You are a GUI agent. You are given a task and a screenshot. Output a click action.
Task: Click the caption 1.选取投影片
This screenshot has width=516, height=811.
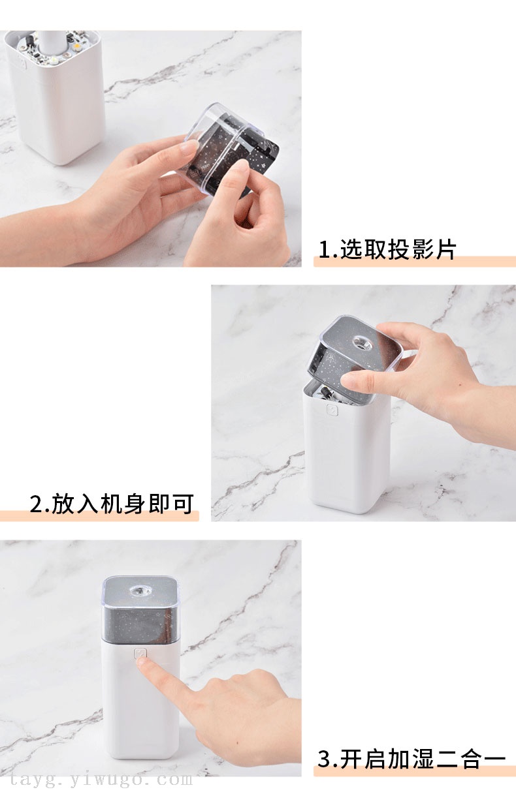[x=387, y=249]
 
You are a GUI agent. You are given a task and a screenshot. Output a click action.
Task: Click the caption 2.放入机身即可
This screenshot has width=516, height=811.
[x=112, y=504]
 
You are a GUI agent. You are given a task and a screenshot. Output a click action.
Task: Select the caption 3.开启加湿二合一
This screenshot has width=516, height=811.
[x=411, y=759]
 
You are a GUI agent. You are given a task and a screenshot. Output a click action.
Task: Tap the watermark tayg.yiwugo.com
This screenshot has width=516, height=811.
[x=101, y=779]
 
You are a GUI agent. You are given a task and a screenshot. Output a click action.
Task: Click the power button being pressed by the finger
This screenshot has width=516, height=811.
[x=140, y=654]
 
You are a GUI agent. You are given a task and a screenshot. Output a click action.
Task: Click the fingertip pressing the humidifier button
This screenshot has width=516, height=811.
[x=141, y=662]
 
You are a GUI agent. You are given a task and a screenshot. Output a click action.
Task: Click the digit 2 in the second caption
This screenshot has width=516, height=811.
[x=36, y=504]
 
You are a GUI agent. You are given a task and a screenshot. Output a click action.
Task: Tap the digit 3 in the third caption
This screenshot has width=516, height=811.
[x=325, y=759]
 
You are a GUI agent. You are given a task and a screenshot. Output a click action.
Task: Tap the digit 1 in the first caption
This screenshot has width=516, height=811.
[x=325, y=250]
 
